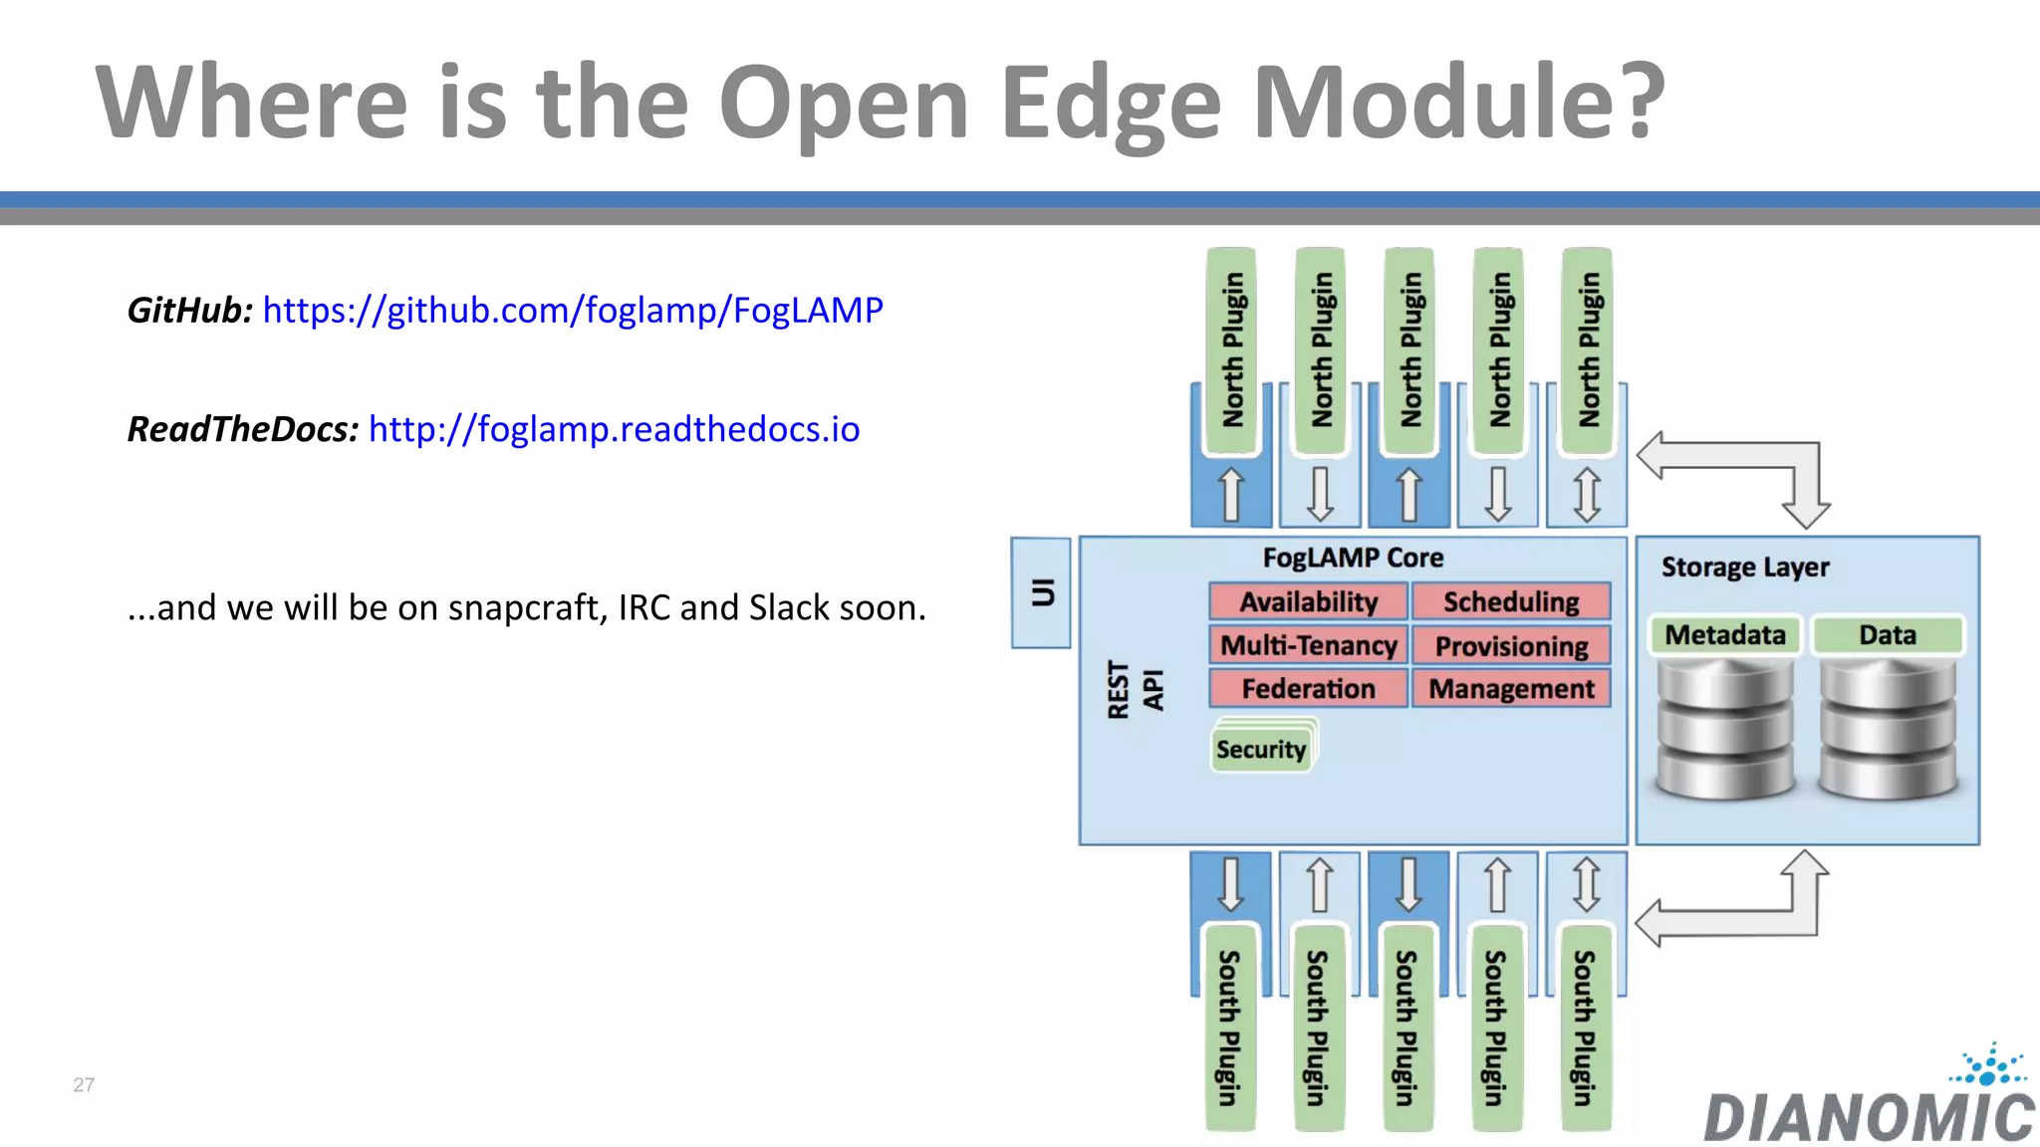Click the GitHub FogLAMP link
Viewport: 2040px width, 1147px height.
point(573,311)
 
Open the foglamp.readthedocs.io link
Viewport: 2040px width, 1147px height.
point(614,429)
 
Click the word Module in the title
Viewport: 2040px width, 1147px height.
point(1457,103)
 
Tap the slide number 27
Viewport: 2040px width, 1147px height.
point(84,1084)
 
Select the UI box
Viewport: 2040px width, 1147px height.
point(1041,592)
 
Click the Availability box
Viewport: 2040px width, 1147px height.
point(1308,601)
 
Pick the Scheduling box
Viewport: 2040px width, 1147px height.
point(1511,601)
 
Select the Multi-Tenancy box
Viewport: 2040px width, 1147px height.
point(1308,645)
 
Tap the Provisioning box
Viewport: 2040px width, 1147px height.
point(1511,646)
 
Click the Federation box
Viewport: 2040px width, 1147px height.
point(1308,688)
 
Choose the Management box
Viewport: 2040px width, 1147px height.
point(1511,688)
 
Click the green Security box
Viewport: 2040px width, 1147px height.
point(1261,749)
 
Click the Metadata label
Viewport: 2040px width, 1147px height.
point(1725,634)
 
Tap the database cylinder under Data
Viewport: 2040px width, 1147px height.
point(1888,729)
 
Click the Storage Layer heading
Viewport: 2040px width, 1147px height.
point(1745,567)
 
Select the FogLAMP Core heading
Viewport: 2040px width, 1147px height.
point(1353,558)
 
